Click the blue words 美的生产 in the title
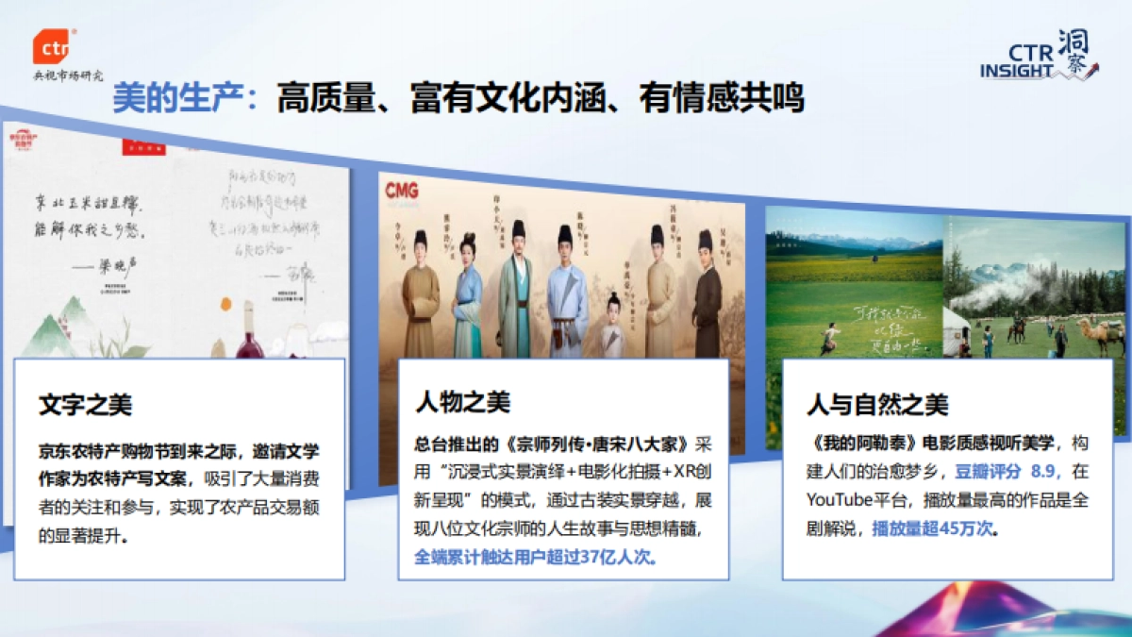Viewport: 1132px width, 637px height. coord(180,97)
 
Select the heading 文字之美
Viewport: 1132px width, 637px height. coord(86,406)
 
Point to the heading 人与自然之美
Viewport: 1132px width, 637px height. coord(877,406)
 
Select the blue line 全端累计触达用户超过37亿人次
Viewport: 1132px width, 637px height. coord(536,557)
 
